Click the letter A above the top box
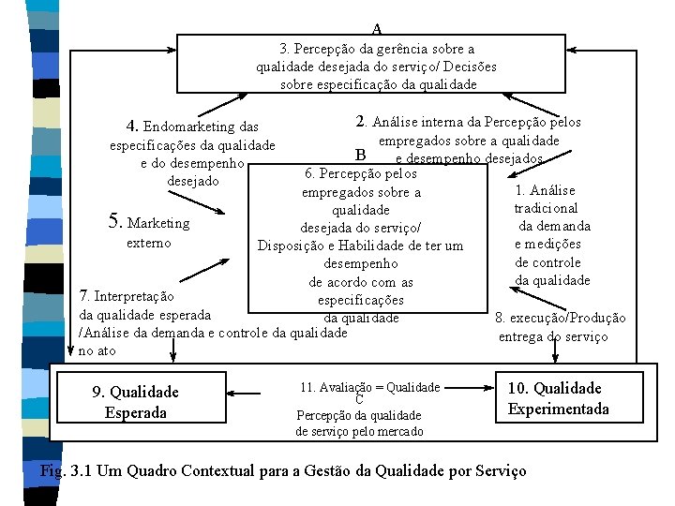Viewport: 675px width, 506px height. pyautogui.click(x=376, y=29)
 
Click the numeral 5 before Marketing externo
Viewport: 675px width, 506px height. pyautogui.click(x=116, y=222)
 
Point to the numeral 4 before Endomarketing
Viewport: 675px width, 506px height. pyautogui.click(x=133, y=126)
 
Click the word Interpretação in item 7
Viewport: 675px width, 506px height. pyautogui.click(x=133, y=296)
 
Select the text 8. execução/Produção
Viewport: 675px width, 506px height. pyautogui.click(x=560, y=319)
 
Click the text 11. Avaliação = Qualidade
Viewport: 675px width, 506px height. pyautogui.click(x=369, y=387)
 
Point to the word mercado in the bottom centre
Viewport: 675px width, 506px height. pyautogui.click(x=400, y=431)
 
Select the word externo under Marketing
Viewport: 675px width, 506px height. pyautogui.click(x=148, y=243)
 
